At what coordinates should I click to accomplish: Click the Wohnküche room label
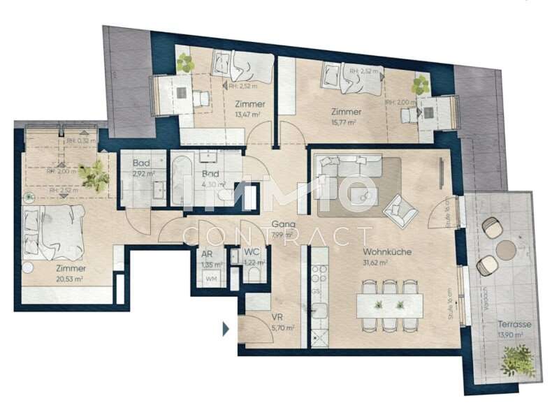click(x=386, y=252)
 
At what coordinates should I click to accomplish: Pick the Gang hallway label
click(x=280, y=224)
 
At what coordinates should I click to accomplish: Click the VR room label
click(x=277, y=316)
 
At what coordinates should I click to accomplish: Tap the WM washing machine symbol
click(x=210, y=279)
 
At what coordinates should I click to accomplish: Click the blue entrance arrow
click(x=226, y=328)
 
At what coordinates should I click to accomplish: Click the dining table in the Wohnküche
click(x=390, y=305)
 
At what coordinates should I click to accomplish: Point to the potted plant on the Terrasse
click(x=518, y=362)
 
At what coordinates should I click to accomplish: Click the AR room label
click(x=207, y=256)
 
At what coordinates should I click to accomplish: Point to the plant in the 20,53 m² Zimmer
click(x=94, y=176)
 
